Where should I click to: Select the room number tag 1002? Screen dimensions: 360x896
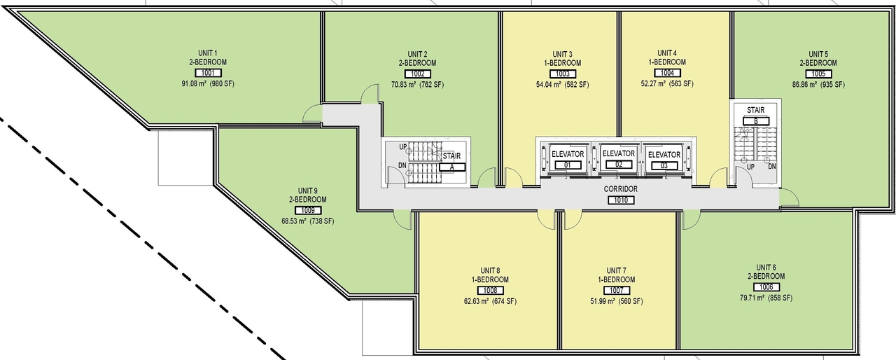coord(417,74)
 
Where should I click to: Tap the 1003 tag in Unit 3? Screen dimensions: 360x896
coord(562,74)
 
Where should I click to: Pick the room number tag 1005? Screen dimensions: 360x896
coord(818,74)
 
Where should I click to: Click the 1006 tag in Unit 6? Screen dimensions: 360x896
coord(765,287)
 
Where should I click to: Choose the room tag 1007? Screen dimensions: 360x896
coord(616,290)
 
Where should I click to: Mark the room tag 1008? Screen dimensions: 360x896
coord(489,290)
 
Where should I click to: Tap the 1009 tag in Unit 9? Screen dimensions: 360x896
coord(307,210)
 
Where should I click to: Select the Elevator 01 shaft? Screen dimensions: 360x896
coord(568,159)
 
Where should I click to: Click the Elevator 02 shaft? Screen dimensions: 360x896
coord(618,158)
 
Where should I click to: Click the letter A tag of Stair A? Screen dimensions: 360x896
coord(452,167)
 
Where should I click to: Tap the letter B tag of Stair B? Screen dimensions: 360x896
coord(755,121)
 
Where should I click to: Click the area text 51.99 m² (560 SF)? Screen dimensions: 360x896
coord(616,301)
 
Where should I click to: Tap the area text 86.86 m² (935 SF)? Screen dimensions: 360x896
coord(818,85)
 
